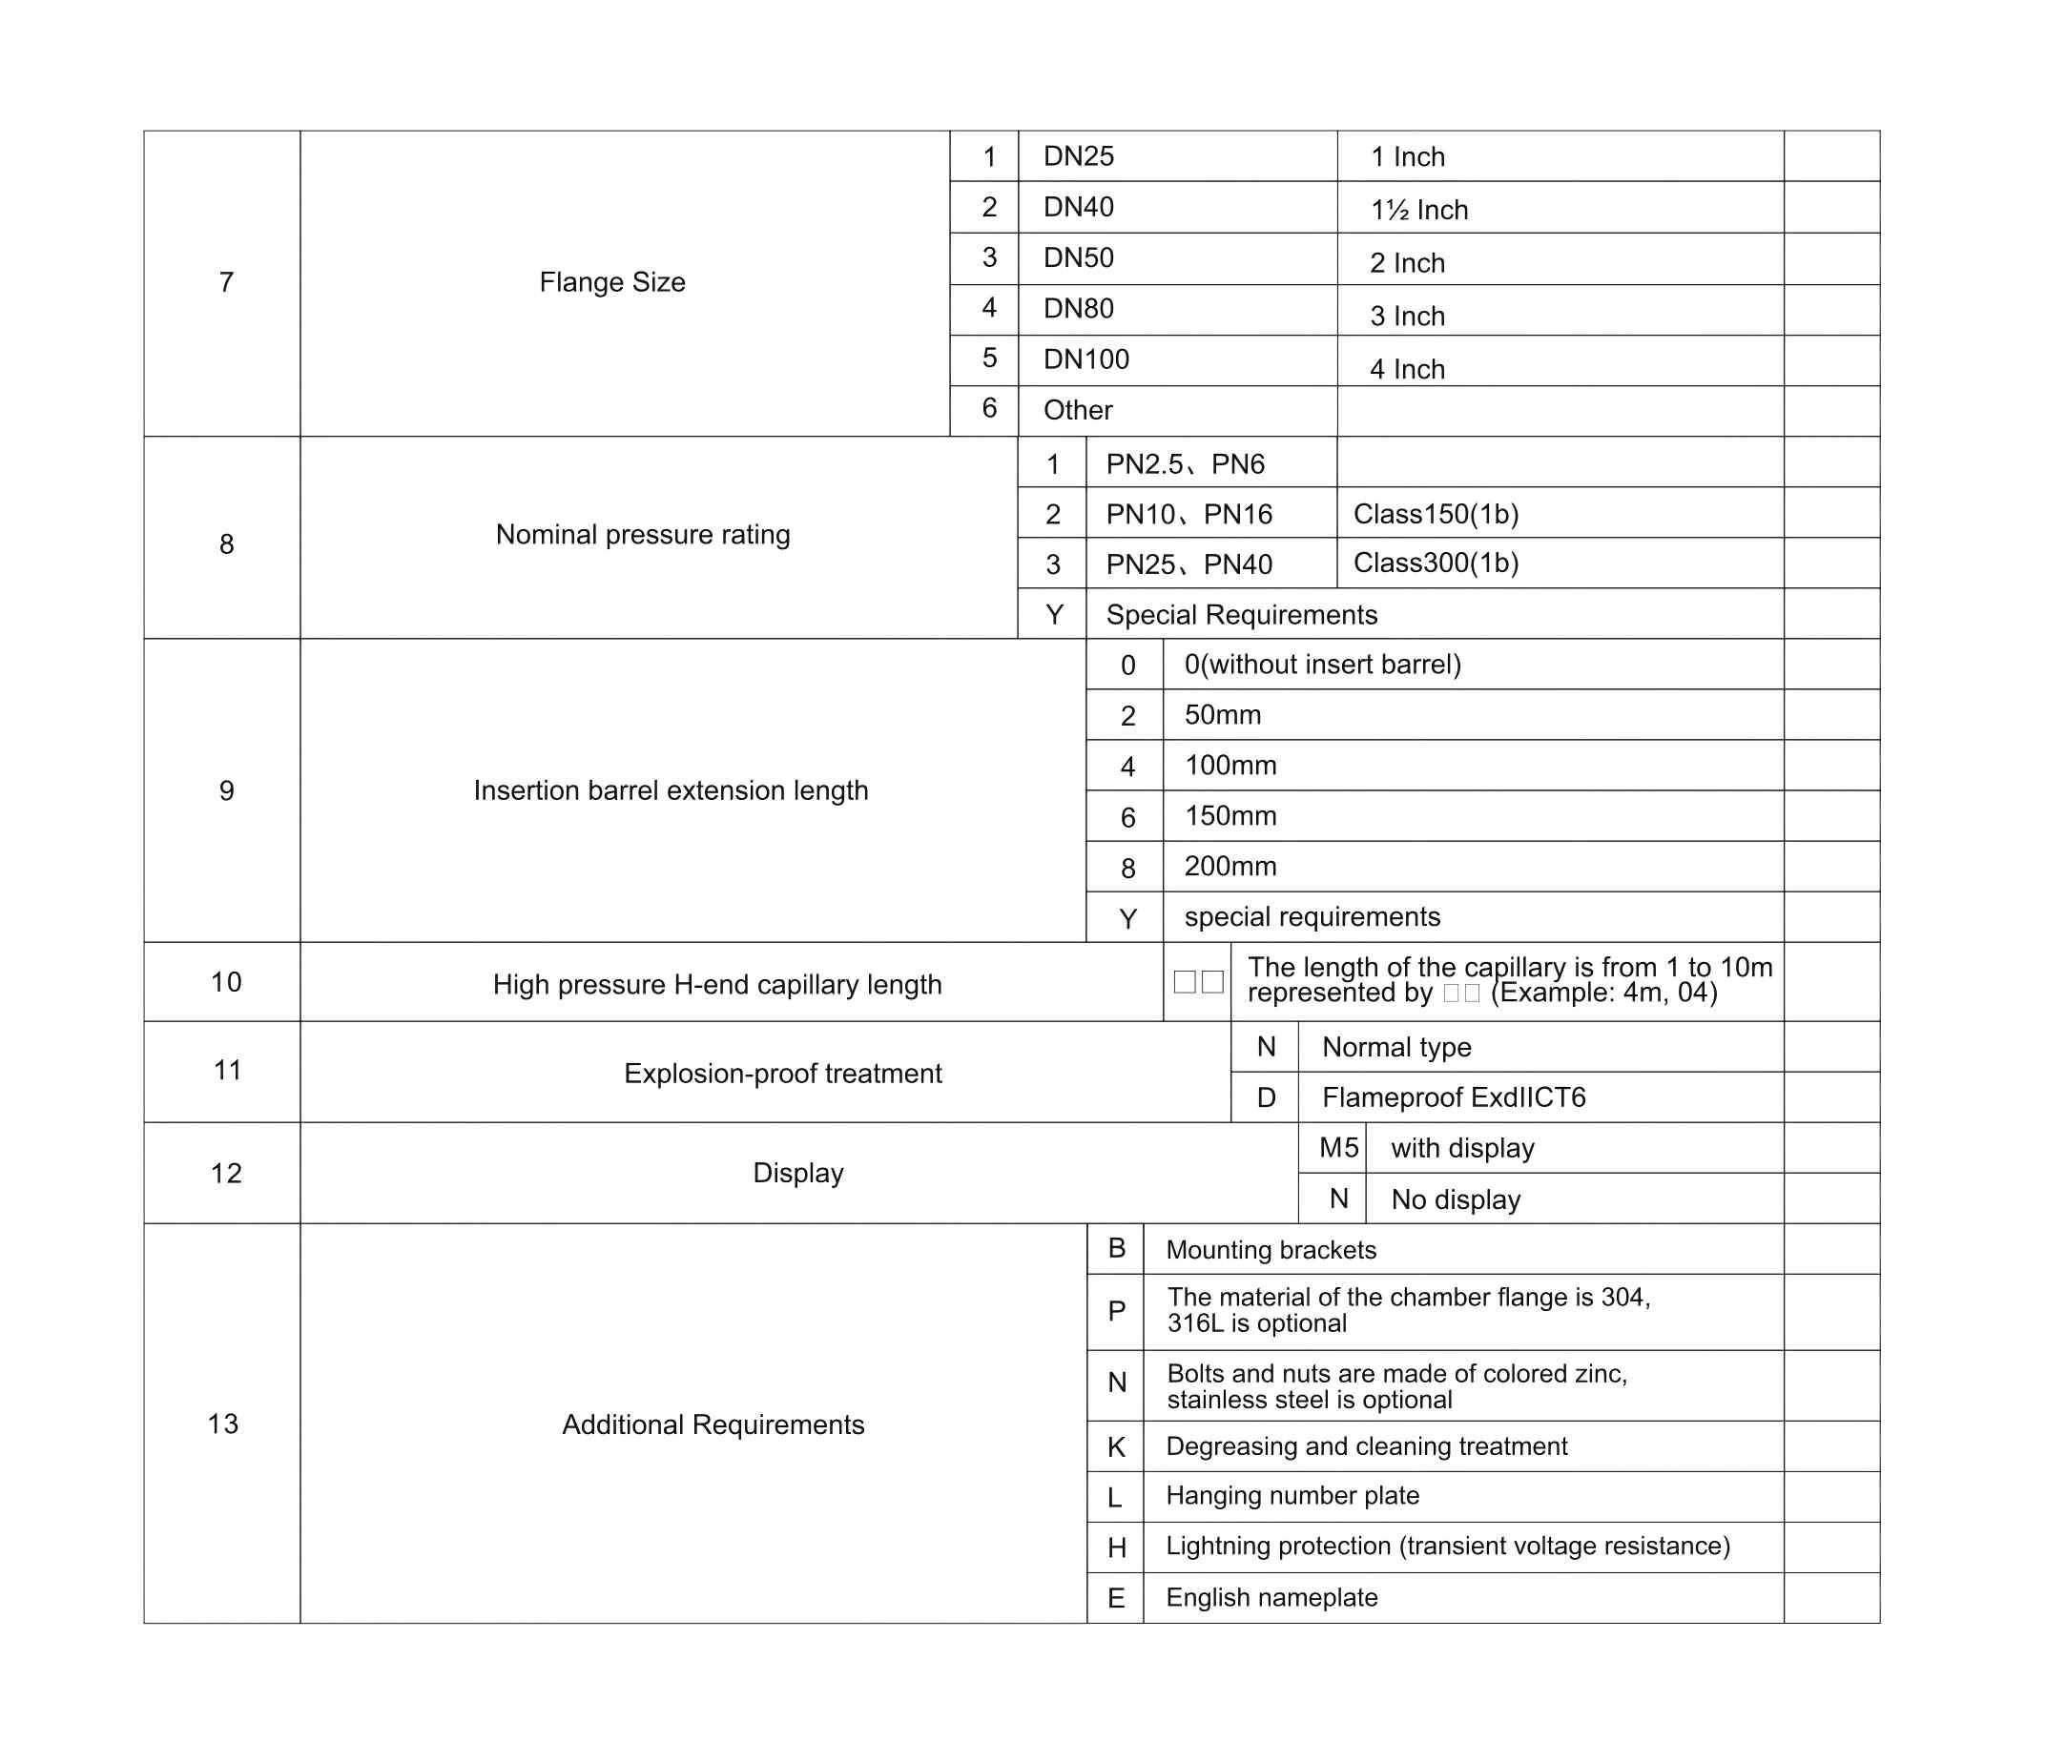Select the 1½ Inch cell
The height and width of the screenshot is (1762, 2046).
click(1419, 209)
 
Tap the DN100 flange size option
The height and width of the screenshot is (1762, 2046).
click(1086, 359)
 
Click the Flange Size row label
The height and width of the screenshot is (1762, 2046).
click(612, 282)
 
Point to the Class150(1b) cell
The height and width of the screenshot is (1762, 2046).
click(1436, 514)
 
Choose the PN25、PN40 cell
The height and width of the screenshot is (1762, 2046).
click(1188, 564)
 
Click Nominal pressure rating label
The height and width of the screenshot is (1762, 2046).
click(643, 535)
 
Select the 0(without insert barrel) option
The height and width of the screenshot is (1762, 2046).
click(1322, 665)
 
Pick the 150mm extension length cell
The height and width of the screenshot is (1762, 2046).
click(1230, 816)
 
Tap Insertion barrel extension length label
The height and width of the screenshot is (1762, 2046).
click(671, 790)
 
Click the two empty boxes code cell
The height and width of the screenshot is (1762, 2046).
click(1198, 981)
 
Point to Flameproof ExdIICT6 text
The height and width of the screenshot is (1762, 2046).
click(1454, 1097)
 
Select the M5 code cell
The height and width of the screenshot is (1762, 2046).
click(1338, 1148)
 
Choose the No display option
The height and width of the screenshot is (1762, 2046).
click(1456, 1199)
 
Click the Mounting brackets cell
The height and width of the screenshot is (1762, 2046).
click(1271, 1250)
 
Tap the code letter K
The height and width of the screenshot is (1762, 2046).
click(1116, 1447)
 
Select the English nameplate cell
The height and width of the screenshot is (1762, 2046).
click(1271, 1597)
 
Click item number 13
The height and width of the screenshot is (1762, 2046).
click(223, 1424)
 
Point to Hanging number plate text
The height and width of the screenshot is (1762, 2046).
click(1292, 1495)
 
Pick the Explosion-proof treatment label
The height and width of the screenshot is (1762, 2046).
click(782, 1073)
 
